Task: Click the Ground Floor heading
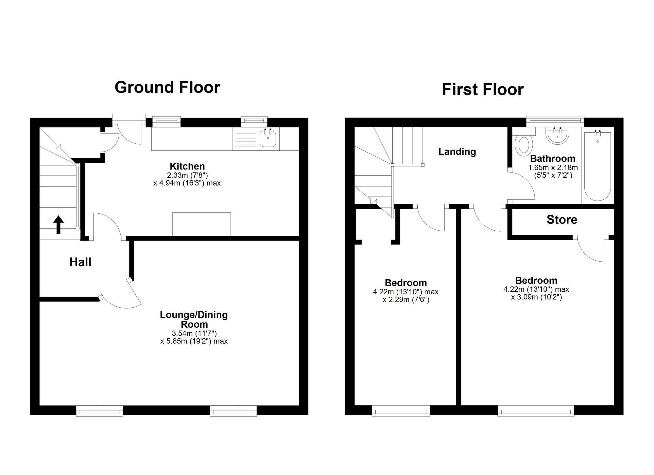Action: (167, 87)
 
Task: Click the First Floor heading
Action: (483, 90)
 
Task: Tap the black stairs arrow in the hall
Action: (58, 224)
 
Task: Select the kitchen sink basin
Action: (268, 139)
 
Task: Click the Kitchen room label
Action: (187, 166)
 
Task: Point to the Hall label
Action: (80, 262)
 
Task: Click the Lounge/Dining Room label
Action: (194, 319)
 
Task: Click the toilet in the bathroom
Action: (524, 144)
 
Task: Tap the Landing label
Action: (457, 152)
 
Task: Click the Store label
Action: (561, 220)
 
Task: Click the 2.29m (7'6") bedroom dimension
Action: (406, 300)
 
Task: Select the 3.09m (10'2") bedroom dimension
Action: (536, 297)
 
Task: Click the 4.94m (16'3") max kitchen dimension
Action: (187, 183)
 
